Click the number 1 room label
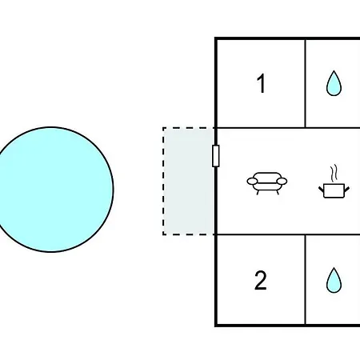[x=262, y=83]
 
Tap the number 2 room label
[x=261, y=280]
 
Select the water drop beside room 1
[x=334, y=83]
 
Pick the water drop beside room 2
[x=334, y=280]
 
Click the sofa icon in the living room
[x=267, y=183]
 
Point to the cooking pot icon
[x=334, y=190]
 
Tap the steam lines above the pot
[x=334, y=172]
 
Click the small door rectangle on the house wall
[x=216, y=156]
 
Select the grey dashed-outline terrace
[x=189, y=182]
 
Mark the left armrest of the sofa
[x=252, y=182]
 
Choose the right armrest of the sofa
[x=282, y=182]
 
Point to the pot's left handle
[x=321, y=189]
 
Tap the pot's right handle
[x=346, y=189]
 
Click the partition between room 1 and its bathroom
[x=306, y=83]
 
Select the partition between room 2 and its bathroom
[x=306, y=280]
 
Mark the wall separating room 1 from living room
[x=288, y=128]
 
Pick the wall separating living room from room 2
[x=288, y=234]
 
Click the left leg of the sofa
[x=258, y=193]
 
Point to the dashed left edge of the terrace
[x=163, y=182]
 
